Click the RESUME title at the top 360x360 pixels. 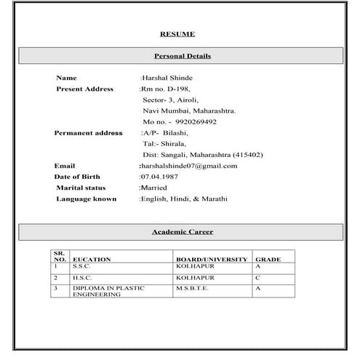pos(177,33)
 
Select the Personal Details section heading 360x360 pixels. pos(183,56)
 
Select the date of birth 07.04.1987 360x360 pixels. pos(159,177)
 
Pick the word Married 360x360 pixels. pos(153,188)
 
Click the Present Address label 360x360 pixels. pos(84,89)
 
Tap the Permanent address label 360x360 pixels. pos(88,133)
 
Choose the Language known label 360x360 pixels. pos(86,199)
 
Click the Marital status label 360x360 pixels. pos(81,188)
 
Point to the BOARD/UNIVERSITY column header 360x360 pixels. pos(212,259)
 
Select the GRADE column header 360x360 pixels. pos(268,259)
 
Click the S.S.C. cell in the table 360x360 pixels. pos(81,267)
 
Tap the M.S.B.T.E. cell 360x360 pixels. pos(192,288)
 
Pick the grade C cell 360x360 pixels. pos(257,278)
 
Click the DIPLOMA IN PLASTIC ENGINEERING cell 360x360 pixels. pos(108,291)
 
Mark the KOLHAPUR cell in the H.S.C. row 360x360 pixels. pos(194,278)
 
